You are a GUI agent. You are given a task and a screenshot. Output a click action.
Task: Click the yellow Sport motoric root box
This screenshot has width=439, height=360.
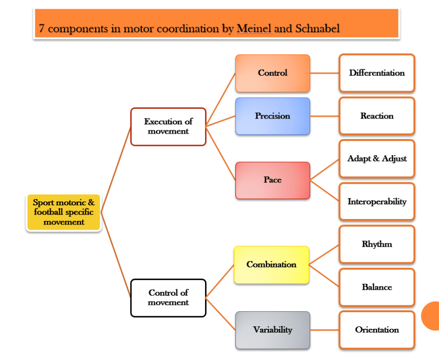pos(63,212)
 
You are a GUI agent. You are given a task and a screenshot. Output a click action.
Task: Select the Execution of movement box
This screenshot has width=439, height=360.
pos(168,126)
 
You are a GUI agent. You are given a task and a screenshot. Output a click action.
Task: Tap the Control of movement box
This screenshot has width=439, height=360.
pos(168,298)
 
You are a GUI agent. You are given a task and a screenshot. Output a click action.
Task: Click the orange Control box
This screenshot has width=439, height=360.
pos(272,73)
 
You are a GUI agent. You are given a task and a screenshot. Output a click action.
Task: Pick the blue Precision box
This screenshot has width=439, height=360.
pos(272,116)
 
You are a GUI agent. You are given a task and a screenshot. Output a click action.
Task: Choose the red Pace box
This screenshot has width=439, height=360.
pos(272,180)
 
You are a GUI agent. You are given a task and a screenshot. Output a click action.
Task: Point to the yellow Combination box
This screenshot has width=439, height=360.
pos(272,265)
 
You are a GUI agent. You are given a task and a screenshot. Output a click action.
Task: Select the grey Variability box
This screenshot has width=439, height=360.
pos(272,330)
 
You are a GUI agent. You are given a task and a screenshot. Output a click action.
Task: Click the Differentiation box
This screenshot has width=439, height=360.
pos(376,73)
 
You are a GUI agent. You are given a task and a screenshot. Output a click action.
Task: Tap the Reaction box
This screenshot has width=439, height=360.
pos(376,116)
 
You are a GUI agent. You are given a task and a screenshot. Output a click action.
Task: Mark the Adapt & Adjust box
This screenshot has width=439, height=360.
pos(376,159)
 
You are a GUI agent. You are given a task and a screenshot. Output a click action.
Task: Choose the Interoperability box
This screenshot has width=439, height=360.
pos(376,201)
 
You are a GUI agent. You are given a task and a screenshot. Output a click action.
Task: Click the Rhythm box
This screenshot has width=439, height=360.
pos(376,244)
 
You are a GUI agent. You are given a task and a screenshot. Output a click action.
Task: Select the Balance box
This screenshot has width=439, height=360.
pos(376,287)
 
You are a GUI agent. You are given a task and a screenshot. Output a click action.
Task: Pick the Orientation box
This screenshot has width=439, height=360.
pos(376,330)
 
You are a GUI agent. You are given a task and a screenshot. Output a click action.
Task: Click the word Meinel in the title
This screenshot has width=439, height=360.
pos(253,28)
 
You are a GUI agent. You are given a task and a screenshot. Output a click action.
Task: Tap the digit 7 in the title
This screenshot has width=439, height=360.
pos(42,28)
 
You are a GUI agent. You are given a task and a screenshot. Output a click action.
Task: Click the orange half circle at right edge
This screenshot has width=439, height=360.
pos(431,316)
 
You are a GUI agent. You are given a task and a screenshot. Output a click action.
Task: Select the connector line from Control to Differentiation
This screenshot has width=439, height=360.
pos(324,73)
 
